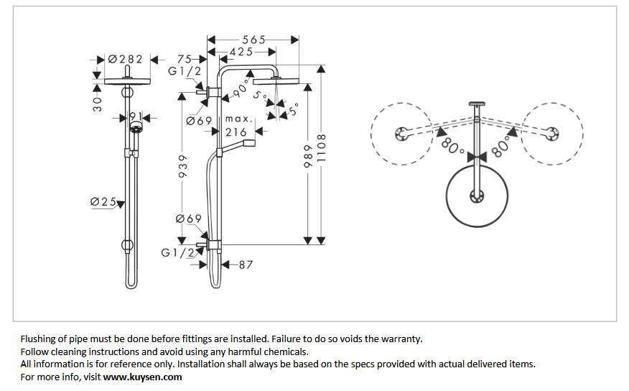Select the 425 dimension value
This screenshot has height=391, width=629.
(x=241, y=52)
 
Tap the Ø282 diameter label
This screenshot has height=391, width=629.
(x=125, y=59)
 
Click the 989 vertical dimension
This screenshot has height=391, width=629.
(x=308, y=155)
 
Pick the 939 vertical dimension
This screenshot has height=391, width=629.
(x=182, y=167)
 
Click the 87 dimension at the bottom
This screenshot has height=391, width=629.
(x=246, y=264)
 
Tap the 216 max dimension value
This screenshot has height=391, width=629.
(x=236, y=132)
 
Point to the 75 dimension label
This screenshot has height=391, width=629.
(x=184, y=59)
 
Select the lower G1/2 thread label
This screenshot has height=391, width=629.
(x=177, y=252)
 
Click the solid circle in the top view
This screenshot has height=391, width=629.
(x=477, y=195)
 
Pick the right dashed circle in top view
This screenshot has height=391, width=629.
(x=552, y=133)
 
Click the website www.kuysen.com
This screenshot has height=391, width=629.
(x=143, y=377)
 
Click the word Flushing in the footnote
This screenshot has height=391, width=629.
(x=39, y=339)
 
